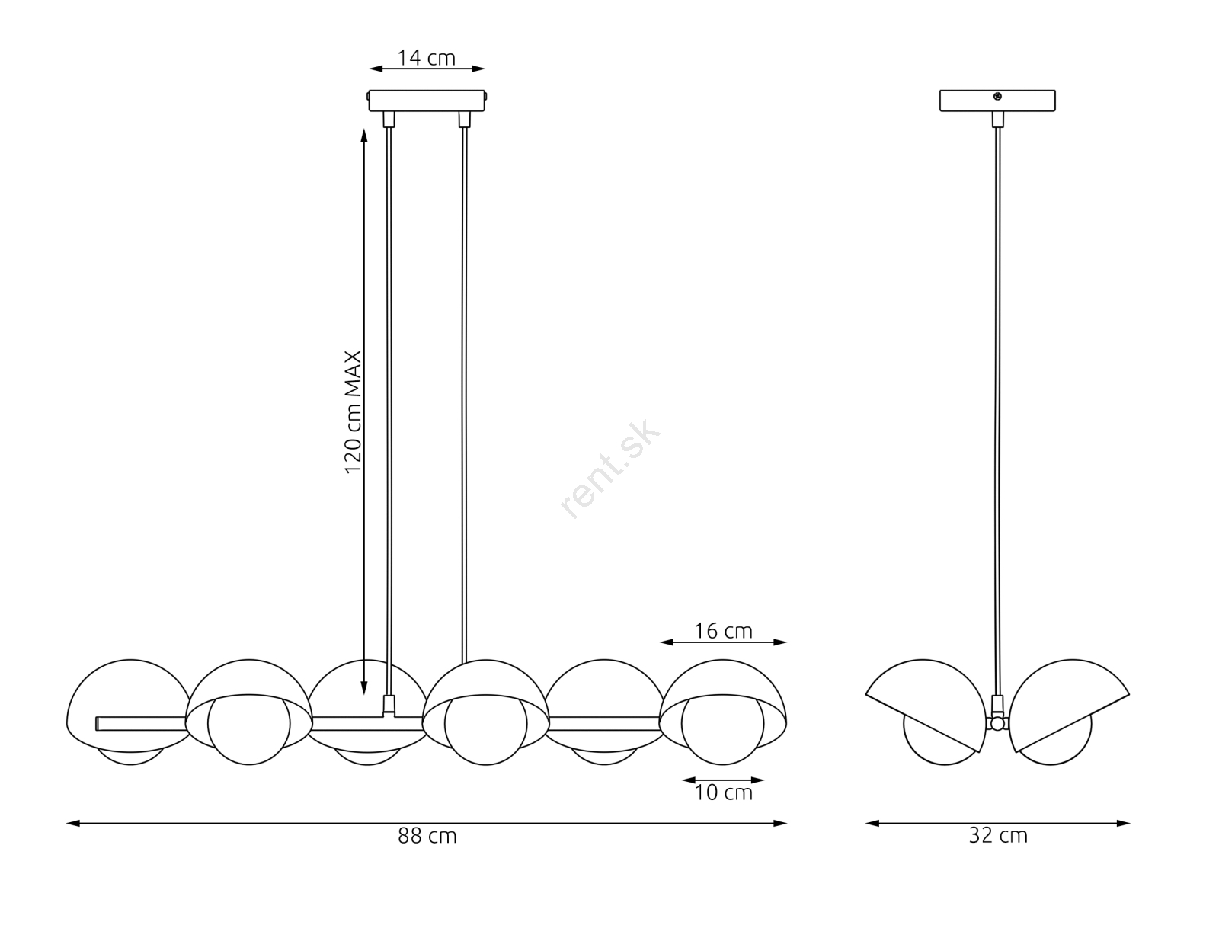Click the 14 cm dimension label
point(427,58)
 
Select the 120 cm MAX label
point(353,412)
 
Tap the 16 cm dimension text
point(723,631)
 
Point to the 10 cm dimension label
point(723,792)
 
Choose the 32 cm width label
point(998,836)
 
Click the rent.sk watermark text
point(610,469)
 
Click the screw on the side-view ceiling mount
point(997,97)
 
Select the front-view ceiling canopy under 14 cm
point(427,101)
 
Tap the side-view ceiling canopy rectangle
point(997,101)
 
